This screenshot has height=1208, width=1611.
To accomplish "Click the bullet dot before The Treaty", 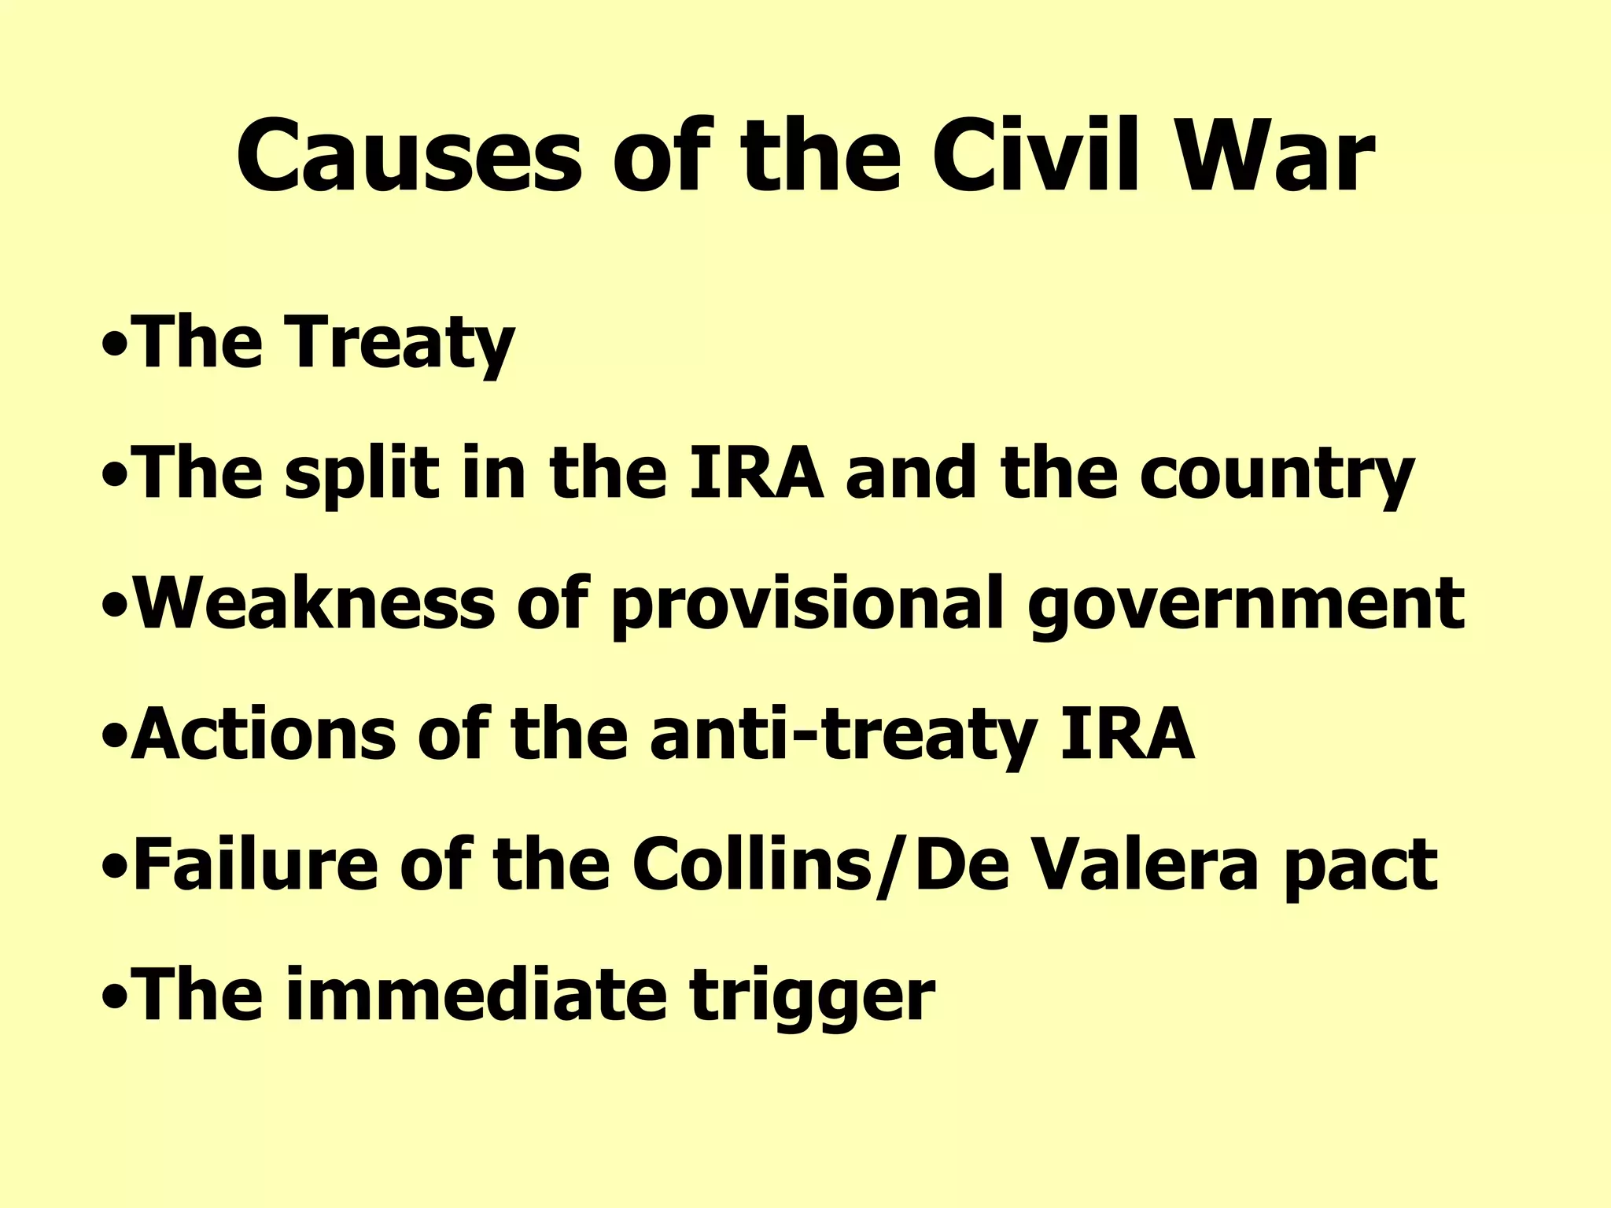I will (x=115, y=346).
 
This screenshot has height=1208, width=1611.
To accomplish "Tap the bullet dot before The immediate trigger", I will (x=115, y=999).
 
